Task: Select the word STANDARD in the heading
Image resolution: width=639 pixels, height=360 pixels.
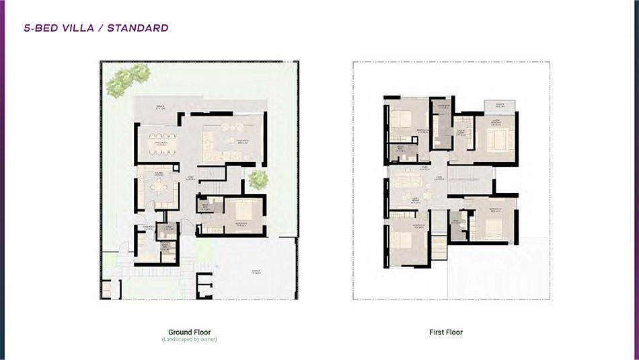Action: (x=141, y=28)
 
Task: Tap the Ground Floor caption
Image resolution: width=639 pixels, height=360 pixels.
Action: (x=189, y=332)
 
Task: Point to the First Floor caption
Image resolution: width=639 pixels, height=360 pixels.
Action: (x=446, y=332)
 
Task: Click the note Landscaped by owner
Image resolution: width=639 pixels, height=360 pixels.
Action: (x=189, y=339)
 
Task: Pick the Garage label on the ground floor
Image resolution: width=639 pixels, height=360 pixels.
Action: (x=256, y=271)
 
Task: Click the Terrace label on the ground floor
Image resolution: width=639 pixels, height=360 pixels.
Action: (x=161, y=107)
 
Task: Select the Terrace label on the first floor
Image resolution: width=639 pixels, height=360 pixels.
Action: (x=500, y=105)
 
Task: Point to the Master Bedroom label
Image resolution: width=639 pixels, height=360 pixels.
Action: (x=498, y=124)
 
